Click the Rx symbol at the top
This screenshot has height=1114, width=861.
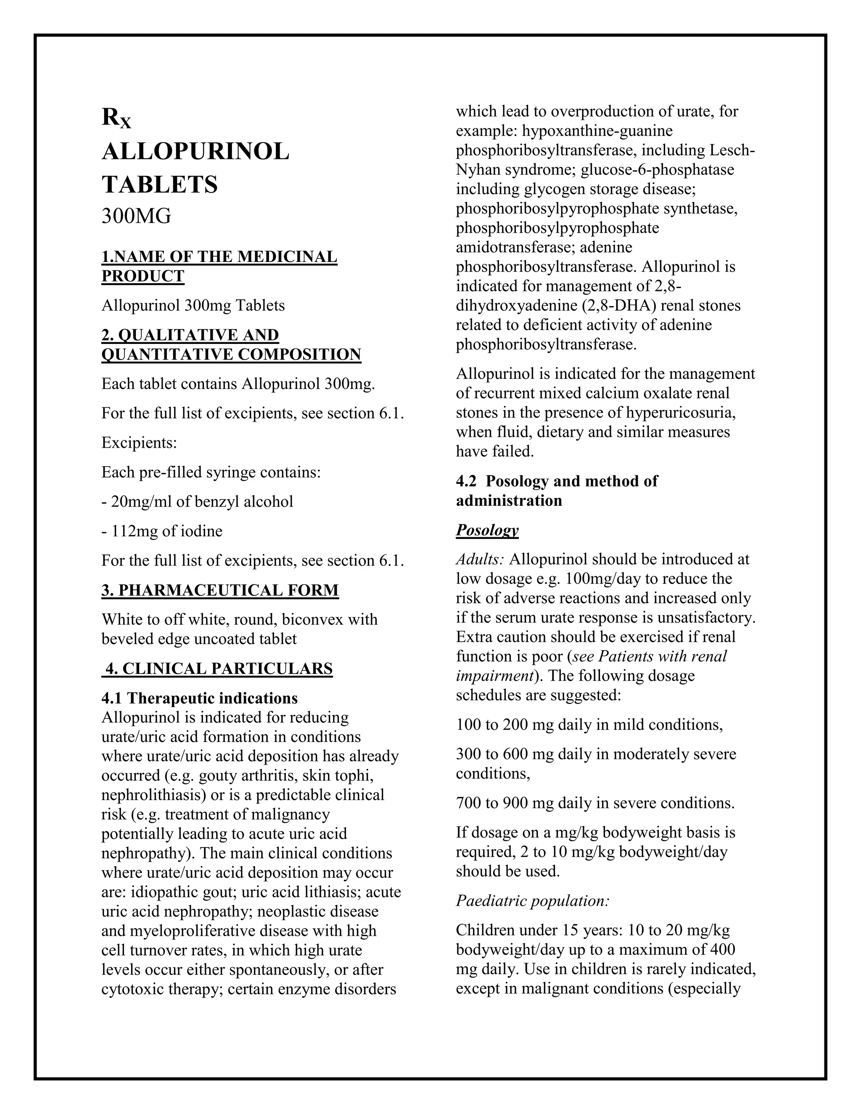click(x=116, y=119)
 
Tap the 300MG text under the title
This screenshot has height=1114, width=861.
click(x=136, y=216)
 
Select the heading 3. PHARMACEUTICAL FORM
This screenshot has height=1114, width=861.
click(x=220, y=590)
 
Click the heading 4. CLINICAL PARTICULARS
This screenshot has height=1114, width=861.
click(x=217, y=668)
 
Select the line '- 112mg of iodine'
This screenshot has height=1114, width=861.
click(x=162, y=531)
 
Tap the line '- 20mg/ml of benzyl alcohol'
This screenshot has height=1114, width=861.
click(x=198, y=502)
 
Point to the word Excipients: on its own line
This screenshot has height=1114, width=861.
click(x=139, y=442)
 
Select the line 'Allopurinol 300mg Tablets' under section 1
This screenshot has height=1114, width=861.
click(x=193, y=306)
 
